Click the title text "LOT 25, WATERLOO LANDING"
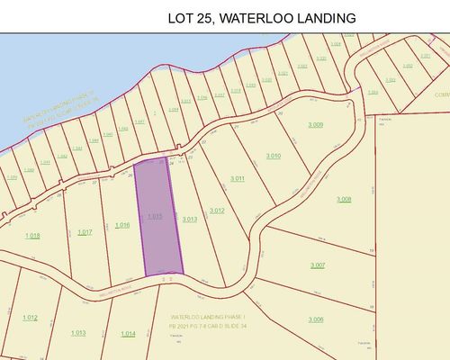(x=262, y=17)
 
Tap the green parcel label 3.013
(x=189, y=219)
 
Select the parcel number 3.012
(x=216, y=211)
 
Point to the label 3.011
(x=238, y=178)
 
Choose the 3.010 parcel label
(x=274, y=156)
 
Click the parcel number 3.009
(x=315, y=124)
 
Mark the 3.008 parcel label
(x=344, y=198)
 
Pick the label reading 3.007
(x=317, y=265)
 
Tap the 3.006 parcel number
(x=315, y=319)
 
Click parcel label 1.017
(x=85, y=232)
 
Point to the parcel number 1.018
(x=32, y=236)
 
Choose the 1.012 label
(x=30, y=317)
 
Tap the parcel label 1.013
(x=78, y=332)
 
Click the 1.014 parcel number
(x=128, y=334)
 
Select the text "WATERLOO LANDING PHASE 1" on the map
(x=213, y=318)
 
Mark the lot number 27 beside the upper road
(x=203, y=142)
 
